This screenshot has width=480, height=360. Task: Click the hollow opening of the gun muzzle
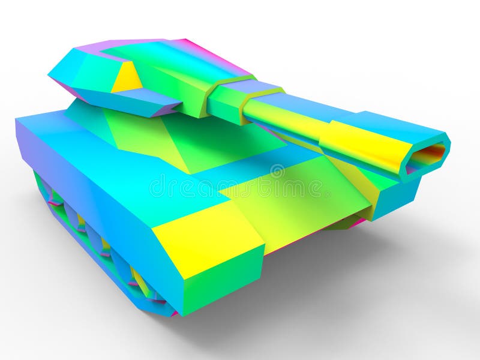tap(430, 155)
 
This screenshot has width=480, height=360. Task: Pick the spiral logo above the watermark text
tap(277, 172)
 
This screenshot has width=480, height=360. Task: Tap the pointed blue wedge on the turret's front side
tap(150, 106)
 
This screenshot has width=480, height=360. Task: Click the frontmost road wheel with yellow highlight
tap(140, 282)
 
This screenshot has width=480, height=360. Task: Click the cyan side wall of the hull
tap(90, 198)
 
